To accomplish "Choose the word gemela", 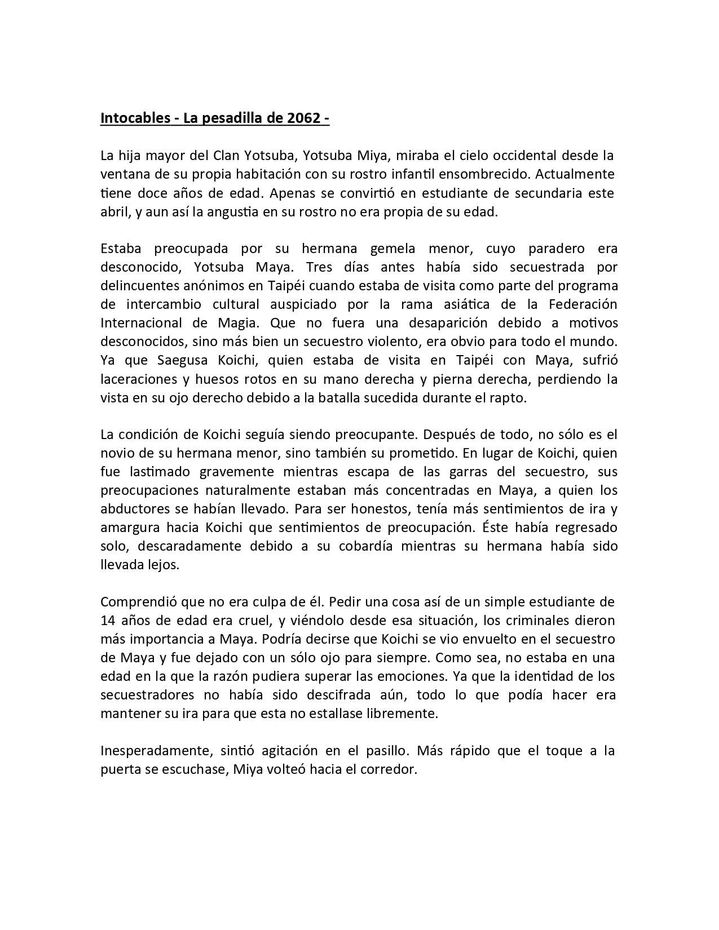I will pyautogui.click(x=394, y=249).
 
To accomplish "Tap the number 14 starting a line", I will pyautogui.click(x=107, y=621).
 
